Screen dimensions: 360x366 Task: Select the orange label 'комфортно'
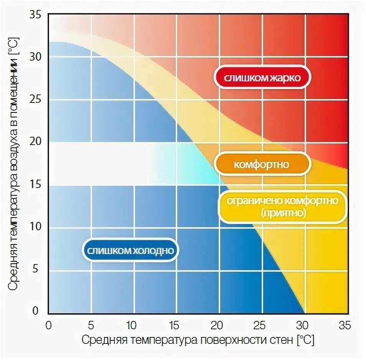coord(262,165)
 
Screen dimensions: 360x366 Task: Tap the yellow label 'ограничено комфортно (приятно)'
coord(282,206)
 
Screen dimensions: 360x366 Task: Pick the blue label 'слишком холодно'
coord(131,251)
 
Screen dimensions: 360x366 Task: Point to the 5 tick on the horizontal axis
coord(91,325)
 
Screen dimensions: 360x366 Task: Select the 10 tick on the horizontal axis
coord(131,325)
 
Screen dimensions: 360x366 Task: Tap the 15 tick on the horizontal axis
coord(174,325)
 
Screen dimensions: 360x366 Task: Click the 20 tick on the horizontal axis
coord(217,325)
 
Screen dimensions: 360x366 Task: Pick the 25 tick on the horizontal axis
coord(259,325)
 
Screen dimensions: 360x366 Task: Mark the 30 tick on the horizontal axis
coord(303,325)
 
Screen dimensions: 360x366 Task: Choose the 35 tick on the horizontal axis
coord(344,325)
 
